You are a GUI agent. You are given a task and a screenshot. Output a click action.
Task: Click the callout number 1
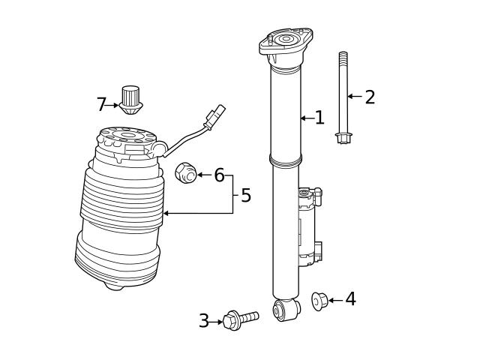[319, 118]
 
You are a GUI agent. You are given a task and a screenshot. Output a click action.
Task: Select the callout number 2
[369, 97]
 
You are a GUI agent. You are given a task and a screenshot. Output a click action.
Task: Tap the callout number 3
[204, 321]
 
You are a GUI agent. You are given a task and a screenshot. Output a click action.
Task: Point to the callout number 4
[350, 299]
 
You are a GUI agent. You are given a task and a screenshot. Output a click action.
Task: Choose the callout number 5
[245, 196]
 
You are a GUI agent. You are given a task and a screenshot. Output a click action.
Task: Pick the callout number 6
[219, 175]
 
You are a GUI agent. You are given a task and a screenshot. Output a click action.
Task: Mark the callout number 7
[101, 105]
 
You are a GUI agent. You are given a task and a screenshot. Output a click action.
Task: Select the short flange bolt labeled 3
[240, 319]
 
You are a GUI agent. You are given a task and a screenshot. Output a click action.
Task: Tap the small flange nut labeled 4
[318, 301]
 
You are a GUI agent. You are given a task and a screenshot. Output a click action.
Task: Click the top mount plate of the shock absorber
[286, 43]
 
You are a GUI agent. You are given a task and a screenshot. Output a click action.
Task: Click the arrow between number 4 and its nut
[335, 300]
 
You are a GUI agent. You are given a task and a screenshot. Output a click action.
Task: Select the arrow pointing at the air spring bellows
[180, 214]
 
